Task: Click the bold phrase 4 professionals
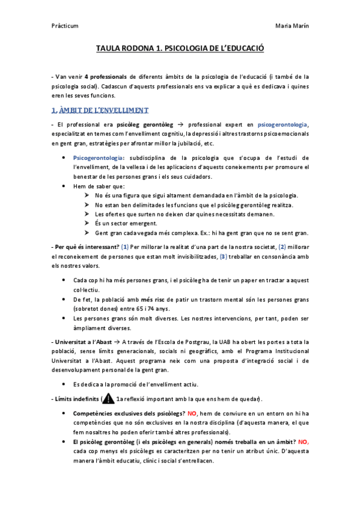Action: click(106, 77)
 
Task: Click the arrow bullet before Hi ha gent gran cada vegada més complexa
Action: click(88, 233)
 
